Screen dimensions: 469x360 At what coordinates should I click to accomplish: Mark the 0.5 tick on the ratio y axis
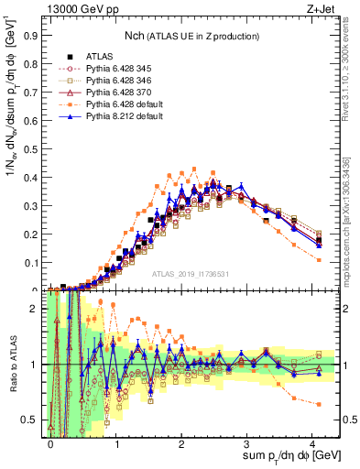[x=32, y=420]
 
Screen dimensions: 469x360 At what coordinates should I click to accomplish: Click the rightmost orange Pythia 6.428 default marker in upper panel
[x=318, y=260]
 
